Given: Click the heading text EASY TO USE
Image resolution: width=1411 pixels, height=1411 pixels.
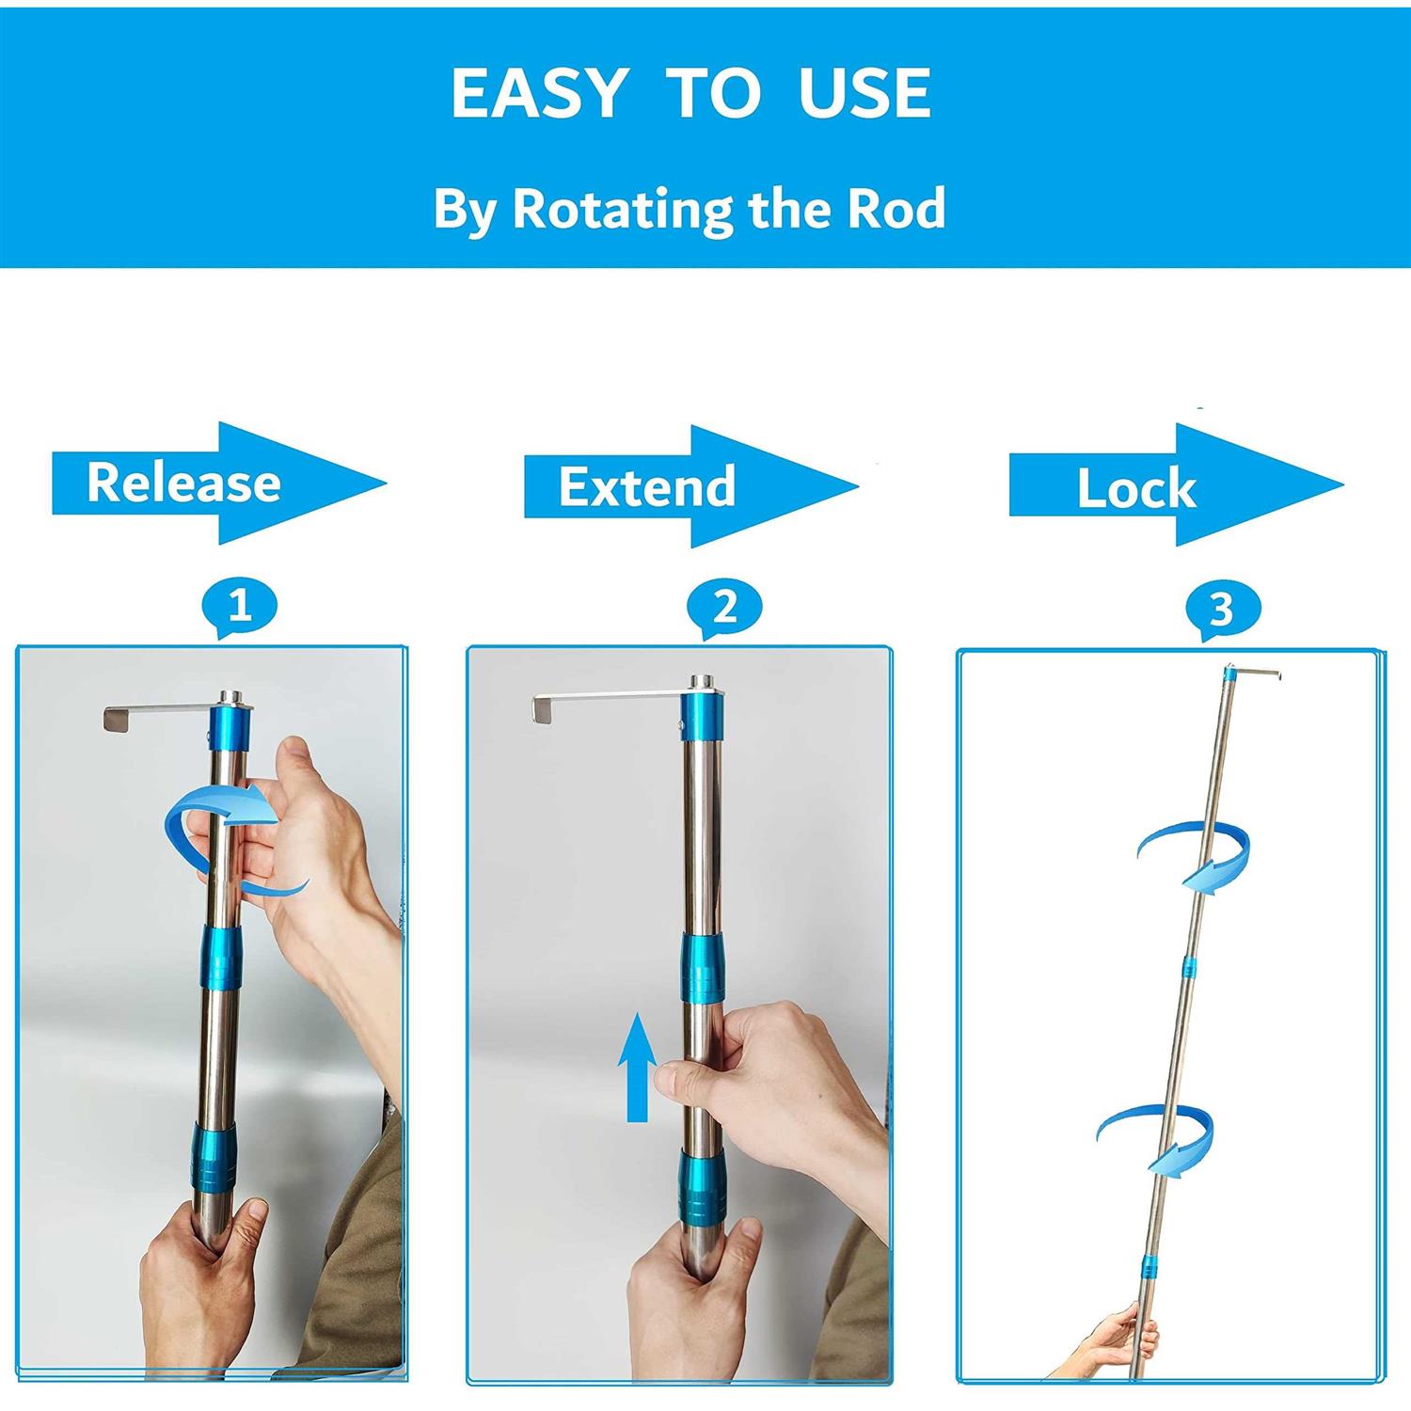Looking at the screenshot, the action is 691,93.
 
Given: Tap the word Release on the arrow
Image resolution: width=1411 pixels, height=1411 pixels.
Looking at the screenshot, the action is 183,483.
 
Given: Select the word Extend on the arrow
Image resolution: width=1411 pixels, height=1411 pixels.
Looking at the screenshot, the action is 647,486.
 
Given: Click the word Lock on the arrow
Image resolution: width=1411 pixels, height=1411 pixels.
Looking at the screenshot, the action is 1136,489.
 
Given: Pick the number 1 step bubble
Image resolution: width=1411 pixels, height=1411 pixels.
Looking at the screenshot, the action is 239,606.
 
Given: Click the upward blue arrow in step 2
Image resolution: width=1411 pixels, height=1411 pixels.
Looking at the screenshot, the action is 637,1067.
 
